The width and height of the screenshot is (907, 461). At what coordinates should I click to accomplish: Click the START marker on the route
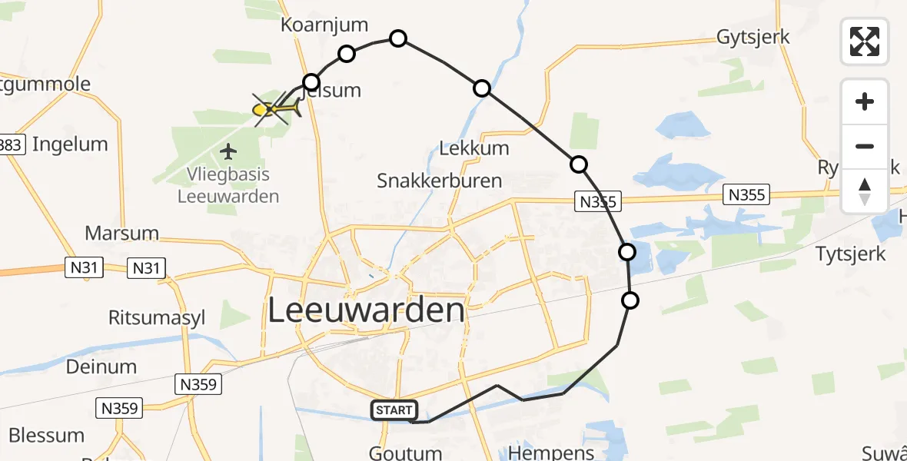tap(394, 410)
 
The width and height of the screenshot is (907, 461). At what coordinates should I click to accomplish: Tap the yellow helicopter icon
tap(274, 109)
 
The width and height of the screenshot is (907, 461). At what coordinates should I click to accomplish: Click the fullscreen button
tap(865, 41)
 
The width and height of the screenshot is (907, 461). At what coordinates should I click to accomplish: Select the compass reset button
tap(865, 191)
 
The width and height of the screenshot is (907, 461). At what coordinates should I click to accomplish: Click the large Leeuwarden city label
tap(367, 311)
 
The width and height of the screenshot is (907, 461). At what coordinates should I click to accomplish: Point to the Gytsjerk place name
tap(753, 37)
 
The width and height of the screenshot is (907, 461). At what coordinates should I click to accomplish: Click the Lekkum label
tap(473, 148)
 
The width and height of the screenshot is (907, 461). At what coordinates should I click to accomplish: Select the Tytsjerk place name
tap(850, 254)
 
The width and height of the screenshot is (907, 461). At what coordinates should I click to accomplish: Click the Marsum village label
tap(121, 233)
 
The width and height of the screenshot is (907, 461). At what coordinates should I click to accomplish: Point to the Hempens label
tap(552, 452)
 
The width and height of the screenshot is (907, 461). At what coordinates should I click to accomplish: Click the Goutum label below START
tap(405, 453)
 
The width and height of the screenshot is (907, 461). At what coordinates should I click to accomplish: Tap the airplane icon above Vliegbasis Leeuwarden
tap(228, 151)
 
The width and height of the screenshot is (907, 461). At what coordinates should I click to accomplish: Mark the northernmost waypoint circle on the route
tap(398, 38)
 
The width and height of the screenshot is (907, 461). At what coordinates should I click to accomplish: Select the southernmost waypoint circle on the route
tap(630, 300)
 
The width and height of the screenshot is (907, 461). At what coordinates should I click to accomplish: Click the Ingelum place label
tap(70, 144)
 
